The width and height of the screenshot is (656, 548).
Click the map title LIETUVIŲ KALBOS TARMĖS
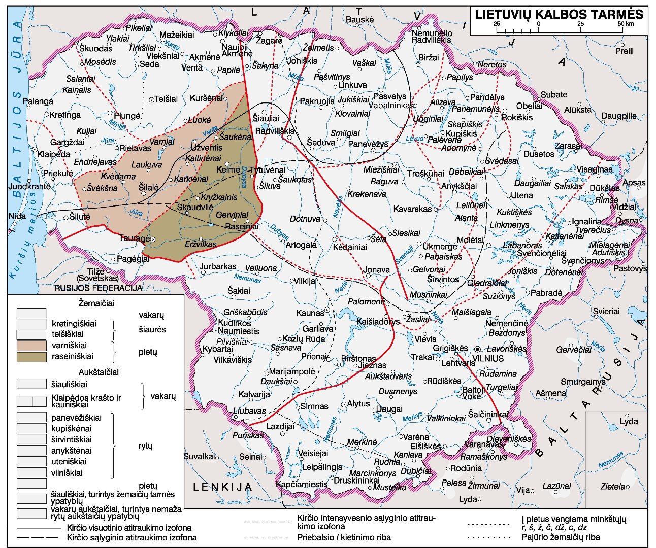point(559,14)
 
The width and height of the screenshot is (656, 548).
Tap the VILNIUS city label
point(488,358)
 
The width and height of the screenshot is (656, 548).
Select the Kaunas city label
point(310,313)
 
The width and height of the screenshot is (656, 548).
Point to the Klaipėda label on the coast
point(54,154)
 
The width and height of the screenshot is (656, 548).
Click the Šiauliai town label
point(266,118)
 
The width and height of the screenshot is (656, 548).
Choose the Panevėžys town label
point(368,144)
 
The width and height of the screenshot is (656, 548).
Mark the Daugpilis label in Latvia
point(618,116)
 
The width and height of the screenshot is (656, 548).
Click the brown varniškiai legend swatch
point(31,345)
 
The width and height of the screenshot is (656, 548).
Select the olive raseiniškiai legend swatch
point(31,356)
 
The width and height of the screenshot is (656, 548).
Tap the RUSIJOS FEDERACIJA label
point(99,288)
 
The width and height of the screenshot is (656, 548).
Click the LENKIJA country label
point(222,487)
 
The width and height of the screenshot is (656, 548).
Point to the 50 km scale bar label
point(626,24)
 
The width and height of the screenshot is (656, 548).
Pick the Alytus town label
point(358,403)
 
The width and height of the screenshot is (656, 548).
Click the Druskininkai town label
point(356,480)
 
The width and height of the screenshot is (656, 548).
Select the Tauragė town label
point(135,238)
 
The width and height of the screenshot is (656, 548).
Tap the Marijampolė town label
point(292,371)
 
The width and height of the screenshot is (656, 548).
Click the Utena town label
point(522,195)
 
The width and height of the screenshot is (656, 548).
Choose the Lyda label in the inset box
point(629,422)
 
